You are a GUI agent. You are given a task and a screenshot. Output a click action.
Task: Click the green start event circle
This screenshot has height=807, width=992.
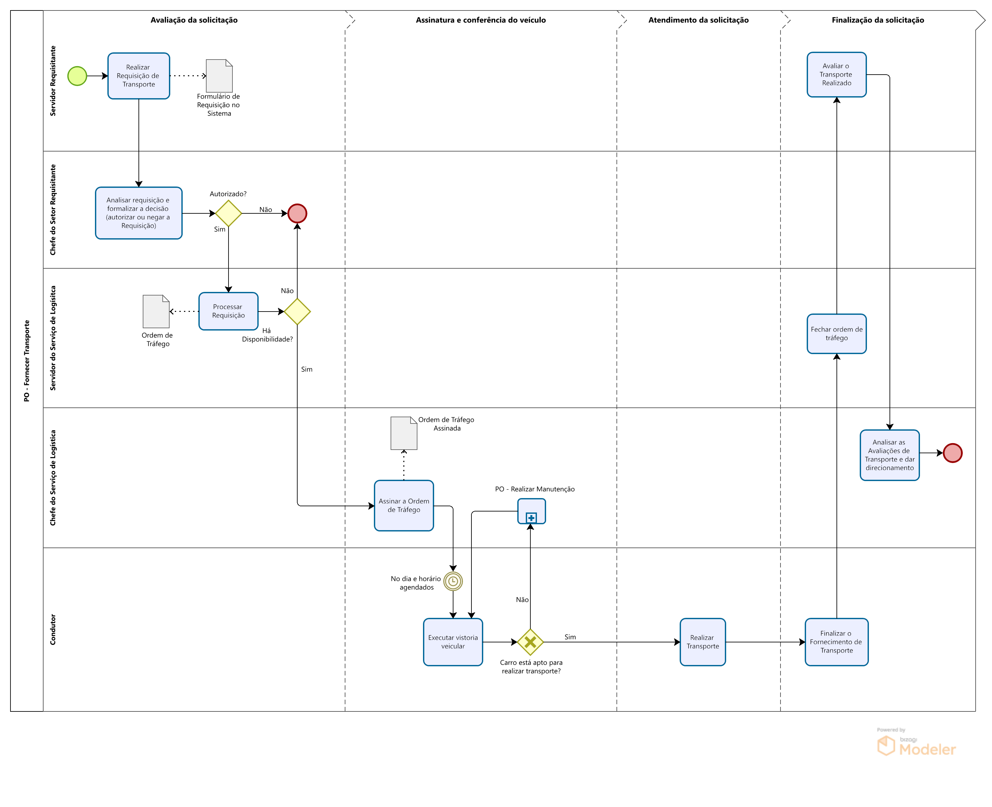[x=77, y=76]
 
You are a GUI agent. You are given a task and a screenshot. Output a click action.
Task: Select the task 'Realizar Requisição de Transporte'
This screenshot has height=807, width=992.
[x=138, y=76]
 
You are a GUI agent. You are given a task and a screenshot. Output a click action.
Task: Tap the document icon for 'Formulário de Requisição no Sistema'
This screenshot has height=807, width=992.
[x=219, y=76]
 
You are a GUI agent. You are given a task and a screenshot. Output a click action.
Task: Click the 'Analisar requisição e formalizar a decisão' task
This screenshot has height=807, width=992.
[x=138, y=213]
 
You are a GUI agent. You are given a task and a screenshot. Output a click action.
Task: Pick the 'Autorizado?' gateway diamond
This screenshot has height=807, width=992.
[x=228, y=213]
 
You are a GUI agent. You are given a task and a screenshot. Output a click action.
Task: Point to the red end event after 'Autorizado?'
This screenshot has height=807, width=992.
[x=297, y=213]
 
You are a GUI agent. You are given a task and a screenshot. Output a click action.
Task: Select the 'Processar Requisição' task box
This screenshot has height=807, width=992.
[x=228, y=311]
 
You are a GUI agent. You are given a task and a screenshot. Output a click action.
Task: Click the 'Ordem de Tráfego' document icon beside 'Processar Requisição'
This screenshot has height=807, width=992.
[x=156, y=312]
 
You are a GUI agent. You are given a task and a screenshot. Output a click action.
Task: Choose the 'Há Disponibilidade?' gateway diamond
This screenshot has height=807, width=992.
[x=297, y=312]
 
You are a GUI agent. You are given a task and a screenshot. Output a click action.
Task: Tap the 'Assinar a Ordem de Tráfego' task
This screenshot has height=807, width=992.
[x=404, y=505]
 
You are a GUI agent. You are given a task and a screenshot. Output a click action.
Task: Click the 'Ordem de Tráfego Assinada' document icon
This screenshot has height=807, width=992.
[x=404, y=433]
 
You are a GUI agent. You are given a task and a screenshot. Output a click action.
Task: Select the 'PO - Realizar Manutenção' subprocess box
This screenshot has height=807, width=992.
[x=531, y=511]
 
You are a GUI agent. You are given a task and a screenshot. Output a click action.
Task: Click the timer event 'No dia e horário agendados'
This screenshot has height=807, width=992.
[x=453, y=581]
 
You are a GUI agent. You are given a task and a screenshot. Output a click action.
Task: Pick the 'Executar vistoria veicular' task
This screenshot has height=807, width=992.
[x=453, y=641]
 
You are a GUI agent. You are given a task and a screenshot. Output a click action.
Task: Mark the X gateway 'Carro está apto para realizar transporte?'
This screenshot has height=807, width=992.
[x=530, y=642]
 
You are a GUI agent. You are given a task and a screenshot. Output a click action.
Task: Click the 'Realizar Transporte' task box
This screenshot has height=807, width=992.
[x=703, y=641]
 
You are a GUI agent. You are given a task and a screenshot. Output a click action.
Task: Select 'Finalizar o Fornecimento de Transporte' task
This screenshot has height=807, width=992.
[x=837, y=641]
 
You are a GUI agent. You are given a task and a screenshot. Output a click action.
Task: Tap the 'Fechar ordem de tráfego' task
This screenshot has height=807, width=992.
[x=837, y=333]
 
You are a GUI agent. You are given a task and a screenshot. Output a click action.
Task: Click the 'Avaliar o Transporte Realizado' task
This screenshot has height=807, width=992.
[x=837, y=74]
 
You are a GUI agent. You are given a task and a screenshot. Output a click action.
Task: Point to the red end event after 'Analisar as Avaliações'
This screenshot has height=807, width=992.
[x=952, y=453]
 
